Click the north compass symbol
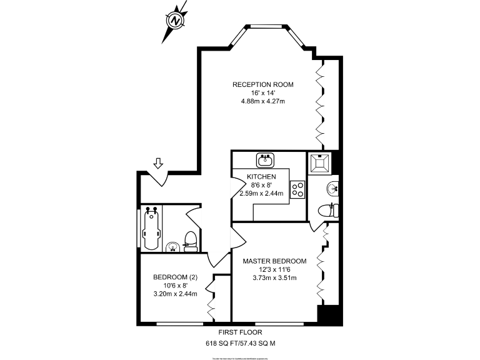point(176,20)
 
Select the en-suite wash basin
point(331,187)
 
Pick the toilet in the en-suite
point(327,211)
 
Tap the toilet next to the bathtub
point(191,241)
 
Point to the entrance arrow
point(158,163)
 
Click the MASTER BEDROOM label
point(274,261)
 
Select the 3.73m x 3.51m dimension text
point(274,278)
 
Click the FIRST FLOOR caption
point(241,332)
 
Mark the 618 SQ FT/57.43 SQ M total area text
point(241,343)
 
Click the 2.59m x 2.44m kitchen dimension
point(261,193)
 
